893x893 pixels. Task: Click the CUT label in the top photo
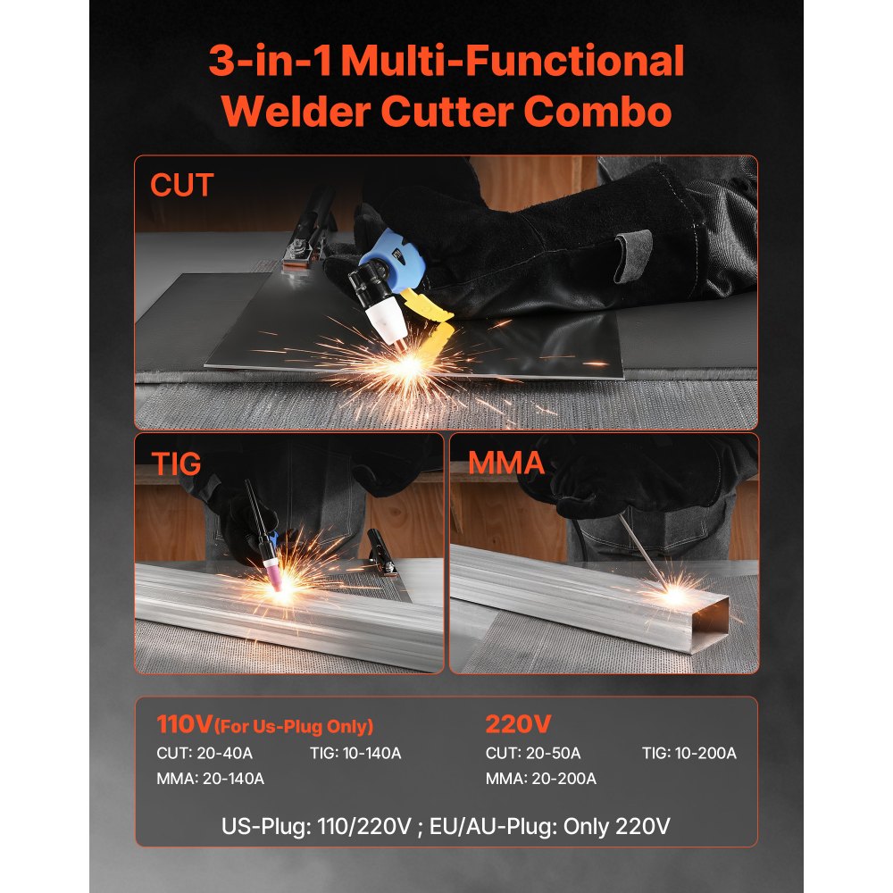[x=182, y=185]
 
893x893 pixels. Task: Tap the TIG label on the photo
[x=175, y=463]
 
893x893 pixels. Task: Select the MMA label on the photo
[x=506, y=463]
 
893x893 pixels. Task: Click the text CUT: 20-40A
[x=204, y=754]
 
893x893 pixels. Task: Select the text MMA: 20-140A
[x=211, y=779]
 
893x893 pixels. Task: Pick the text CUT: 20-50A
[x=533, y=754]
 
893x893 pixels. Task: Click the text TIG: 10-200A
[x=689, y=754]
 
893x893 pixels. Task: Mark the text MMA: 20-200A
[x=540, y=779]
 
